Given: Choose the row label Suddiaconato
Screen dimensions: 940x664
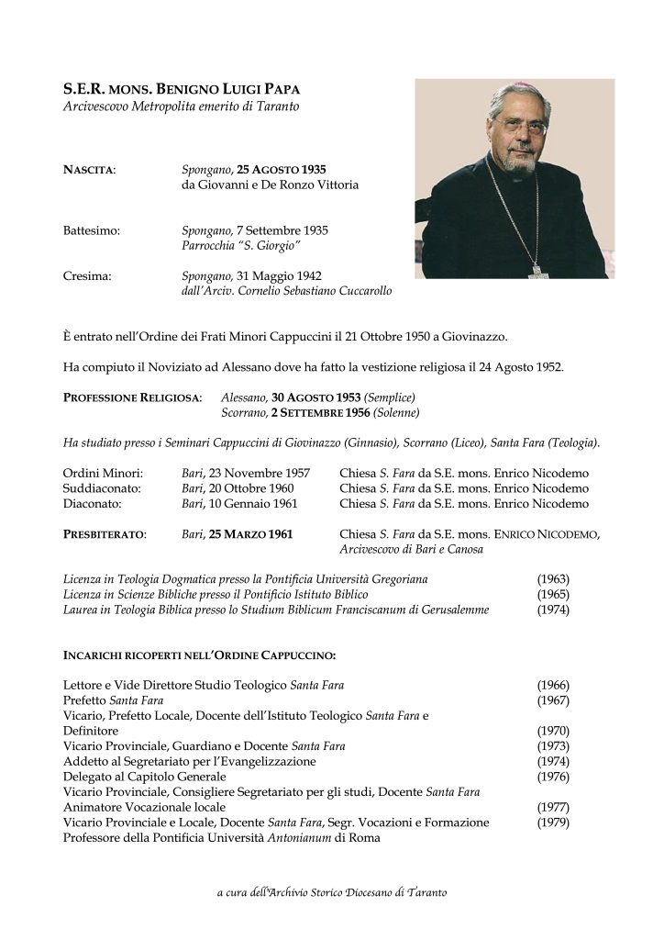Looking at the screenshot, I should click(104, 487).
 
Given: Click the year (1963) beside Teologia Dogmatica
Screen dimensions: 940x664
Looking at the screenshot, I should click(552, 579).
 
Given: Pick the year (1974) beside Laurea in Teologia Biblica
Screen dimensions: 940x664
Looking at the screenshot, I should click(552, 610).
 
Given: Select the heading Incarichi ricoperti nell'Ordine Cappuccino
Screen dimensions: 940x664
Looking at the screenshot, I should click(199, 655).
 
